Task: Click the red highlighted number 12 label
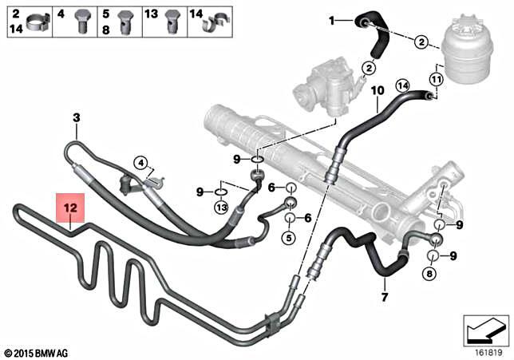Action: point(69,208)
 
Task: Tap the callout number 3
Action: point(77,119)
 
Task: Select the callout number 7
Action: point(385,299)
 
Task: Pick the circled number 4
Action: point(141,164)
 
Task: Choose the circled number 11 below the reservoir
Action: point(436,81)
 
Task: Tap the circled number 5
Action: point(289,237)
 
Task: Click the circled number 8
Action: point(430,275)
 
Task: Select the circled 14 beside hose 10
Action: point(402,85)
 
